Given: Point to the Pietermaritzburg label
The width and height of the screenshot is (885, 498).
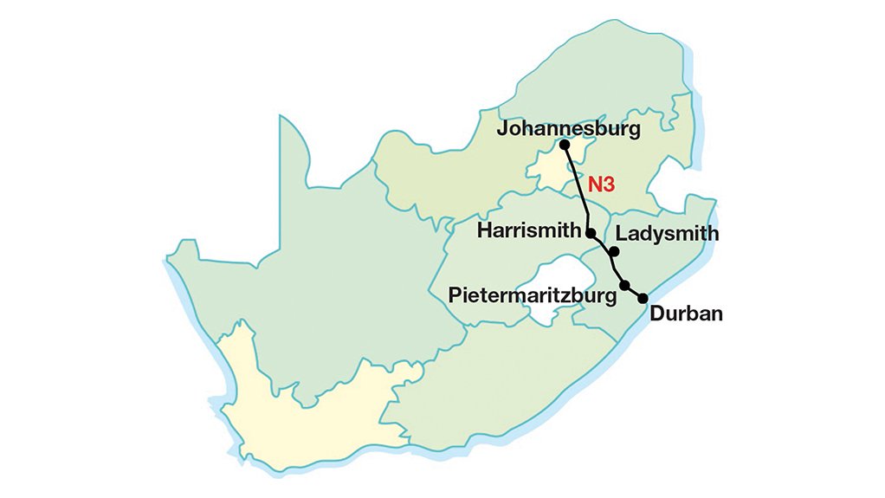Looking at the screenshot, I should [x=533, y=294].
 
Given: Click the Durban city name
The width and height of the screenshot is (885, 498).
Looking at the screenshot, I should [x=686, y=314].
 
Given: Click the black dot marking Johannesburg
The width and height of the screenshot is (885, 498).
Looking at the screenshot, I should [x=565, y=146].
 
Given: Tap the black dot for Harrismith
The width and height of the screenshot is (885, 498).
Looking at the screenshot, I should [x=590, y=233].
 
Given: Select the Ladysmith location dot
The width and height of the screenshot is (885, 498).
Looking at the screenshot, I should [x=613, y=252].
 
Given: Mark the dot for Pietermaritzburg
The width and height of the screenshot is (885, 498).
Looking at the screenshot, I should [x=624, y=285].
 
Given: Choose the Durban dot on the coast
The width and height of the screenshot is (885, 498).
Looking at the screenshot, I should [x=643, y=298].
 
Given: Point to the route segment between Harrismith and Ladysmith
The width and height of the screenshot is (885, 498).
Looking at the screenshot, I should [x=601, y=243].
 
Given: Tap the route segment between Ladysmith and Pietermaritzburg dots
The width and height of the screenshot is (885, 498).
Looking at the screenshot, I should [x=619, y=268].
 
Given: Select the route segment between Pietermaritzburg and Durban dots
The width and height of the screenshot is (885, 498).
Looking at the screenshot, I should [x=633, y=292].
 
